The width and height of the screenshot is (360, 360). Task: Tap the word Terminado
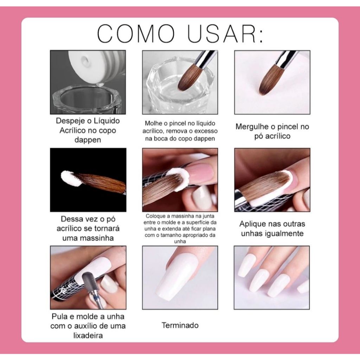click(180, 325)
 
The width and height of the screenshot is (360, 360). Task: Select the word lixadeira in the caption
click(88, 335)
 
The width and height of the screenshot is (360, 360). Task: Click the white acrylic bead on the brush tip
click(70, 178)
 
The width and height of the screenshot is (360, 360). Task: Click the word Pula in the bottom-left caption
click(59, 316)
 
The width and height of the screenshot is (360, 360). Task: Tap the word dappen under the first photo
click(88, 140)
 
